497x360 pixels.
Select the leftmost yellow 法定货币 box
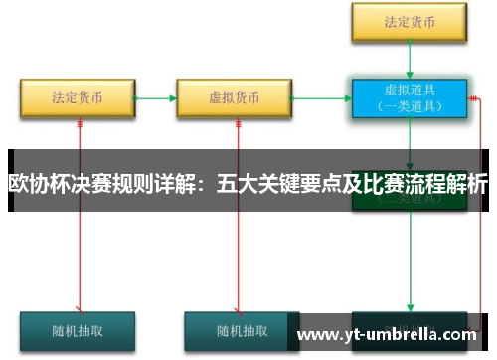pos(78,98)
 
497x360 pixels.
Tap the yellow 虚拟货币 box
pos(234,98)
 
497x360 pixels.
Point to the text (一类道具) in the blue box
pos(408,105)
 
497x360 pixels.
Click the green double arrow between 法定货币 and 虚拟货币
pos(155,98)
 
